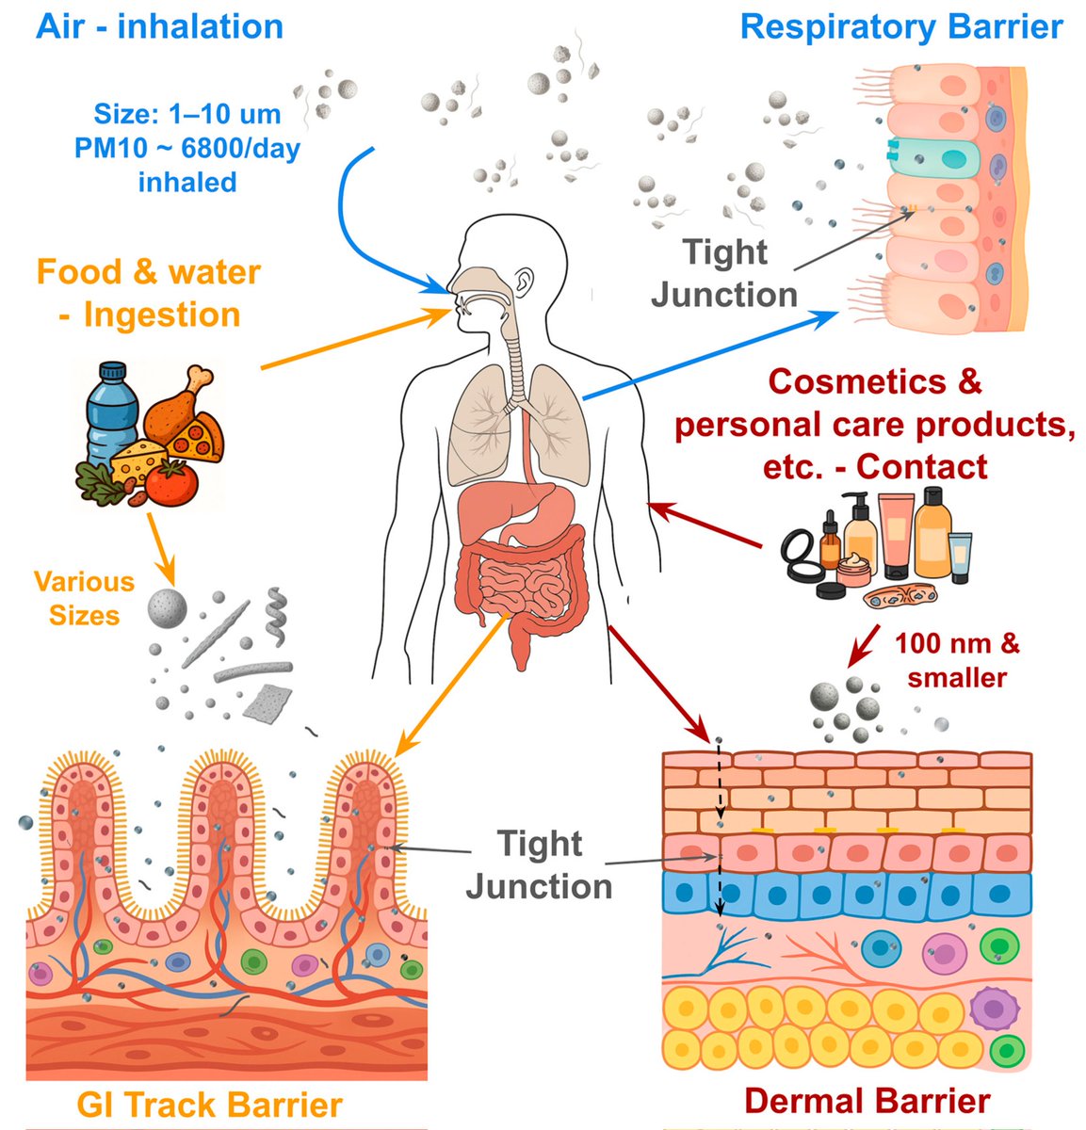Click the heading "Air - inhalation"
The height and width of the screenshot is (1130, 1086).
pos(159,25)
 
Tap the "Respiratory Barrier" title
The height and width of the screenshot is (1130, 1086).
pos(901,26)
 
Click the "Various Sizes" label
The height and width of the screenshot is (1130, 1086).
pos(84,598)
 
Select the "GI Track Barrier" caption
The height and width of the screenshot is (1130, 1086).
pos(209,1105)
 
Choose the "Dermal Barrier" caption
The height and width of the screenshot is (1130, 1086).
pos(867,1100)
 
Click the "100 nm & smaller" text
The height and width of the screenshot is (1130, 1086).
pos(956,660)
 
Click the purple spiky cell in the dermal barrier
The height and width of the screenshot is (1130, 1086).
pos(989,1007)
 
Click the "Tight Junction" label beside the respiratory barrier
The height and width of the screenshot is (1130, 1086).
pos(724,273)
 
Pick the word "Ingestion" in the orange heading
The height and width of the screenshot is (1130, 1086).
pos(162,315)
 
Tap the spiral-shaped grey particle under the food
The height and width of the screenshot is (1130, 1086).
pos(275,609)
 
